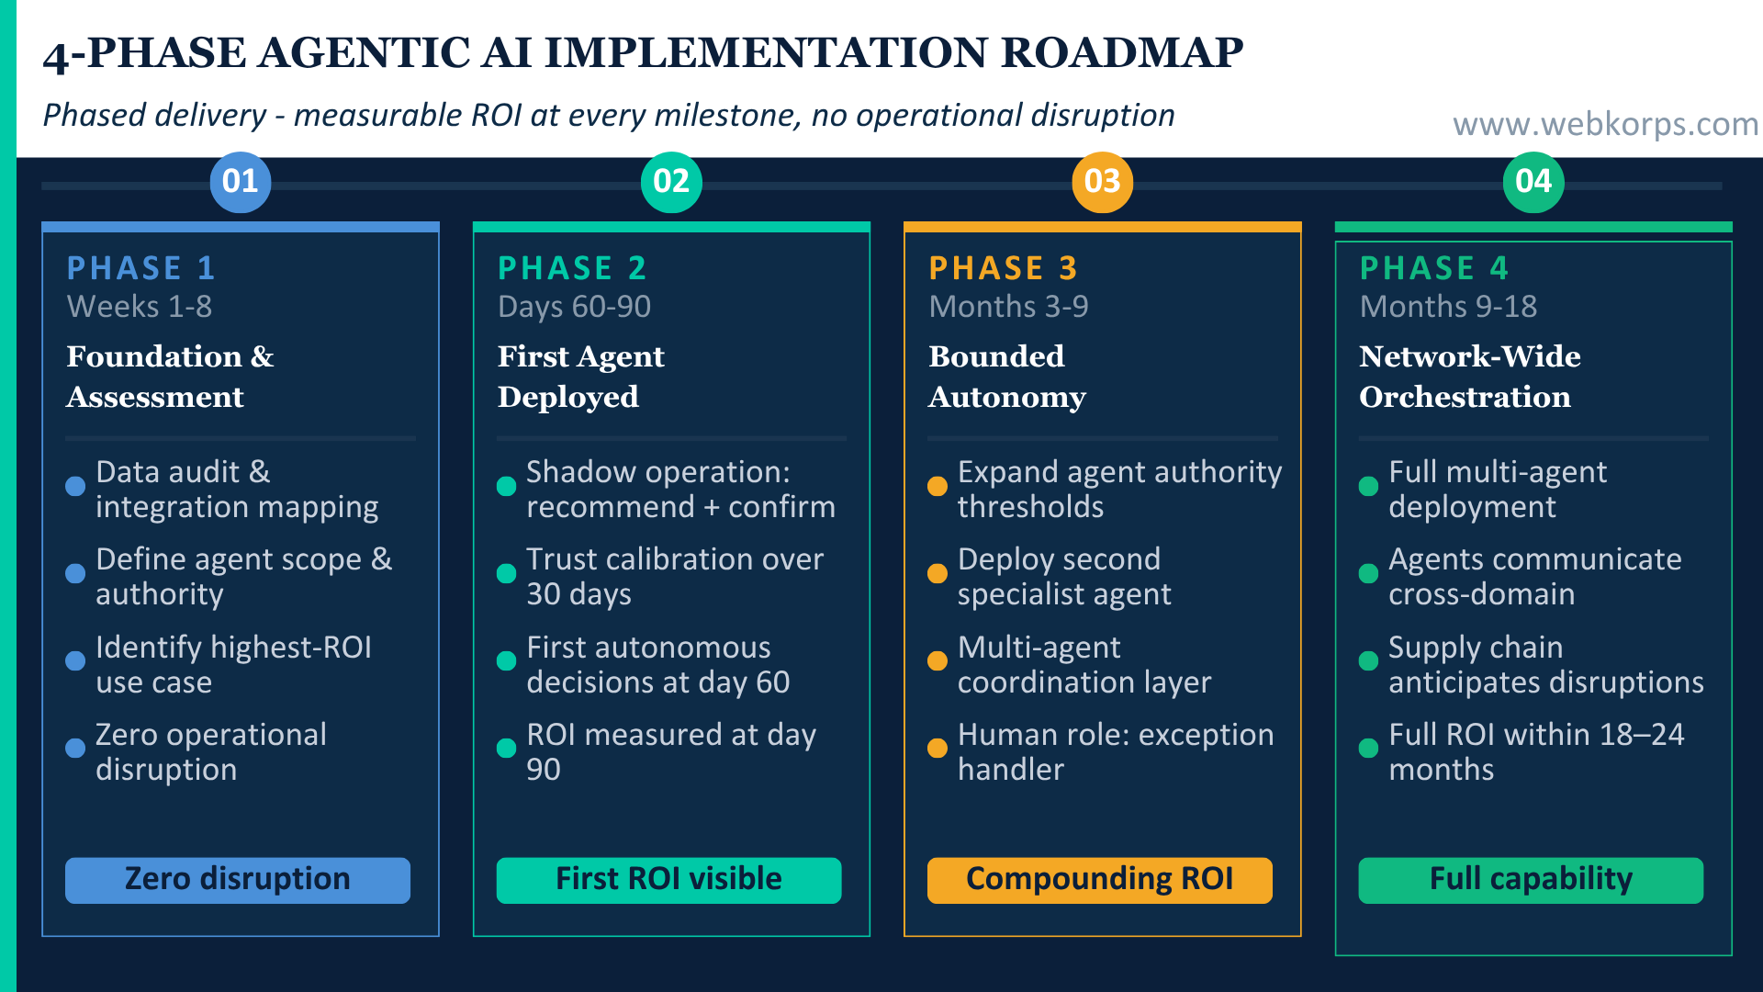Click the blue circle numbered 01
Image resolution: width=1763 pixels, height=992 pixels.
tap(240, 182)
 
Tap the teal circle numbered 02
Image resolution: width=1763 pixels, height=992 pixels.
tap(671, 182)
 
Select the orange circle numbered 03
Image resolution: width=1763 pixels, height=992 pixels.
tap(1102, 182)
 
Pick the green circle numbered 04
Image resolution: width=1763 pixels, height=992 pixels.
tap(1533, 182)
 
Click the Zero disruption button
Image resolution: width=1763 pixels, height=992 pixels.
tap(238, 880)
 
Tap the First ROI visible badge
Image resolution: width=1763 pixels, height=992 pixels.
tap(668, 880)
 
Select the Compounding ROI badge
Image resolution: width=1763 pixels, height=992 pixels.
tap(1100, 880)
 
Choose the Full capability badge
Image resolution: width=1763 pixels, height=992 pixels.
tap(1531, 880)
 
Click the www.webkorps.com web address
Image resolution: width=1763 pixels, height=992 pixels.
tap(1605, 124)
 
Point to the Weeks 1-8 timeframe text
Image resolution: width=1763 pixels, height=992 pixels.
tap(140, 307)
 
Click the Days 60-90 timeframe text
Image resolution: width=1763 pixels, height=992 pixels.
tap(574, 307)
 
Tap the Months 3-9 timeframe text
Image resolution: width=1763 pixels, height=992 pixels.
tap(1008, 307)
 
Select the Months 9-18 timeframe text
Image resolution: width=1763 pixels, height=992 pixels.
tap(1448, 307)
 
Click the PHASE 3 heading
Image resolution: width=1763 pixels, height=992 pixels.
tap(1003, 268)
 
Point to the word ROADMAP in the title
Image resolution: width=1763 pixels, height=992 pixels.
tap(1121, 53)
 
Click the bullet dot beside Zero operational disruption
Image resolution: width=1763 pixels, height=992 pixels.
tap(75, 749)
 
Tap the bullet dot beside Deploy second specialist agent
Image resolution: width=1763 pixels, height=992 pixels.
tap(938, 574)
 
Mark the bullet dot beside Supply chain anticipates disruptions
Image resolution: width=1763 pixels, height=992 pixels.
tap(1368, 661)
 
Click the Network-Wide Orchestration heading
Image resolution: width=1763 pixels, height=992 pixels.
tap(1469, 377)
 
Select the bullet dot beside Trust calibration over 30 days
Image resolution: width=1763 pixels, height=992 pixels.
tap(506, 574)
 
